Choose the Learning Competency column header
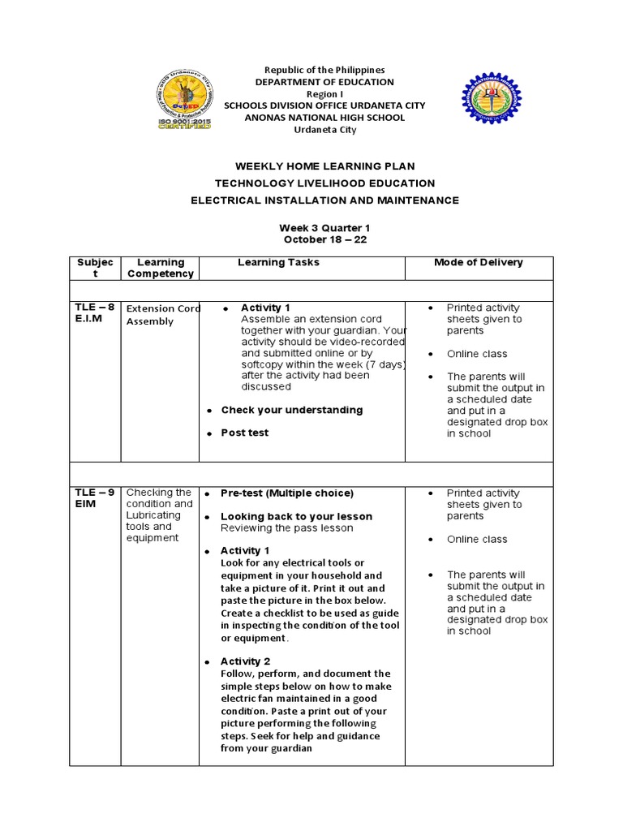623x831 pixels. [161, 268]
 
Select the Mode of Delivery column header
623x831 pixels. [479, 262]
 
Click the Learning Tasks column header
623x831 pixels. [278, 262]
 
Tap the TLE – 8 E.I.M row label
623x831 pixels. [94, 313]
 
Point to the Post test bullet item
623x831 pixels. [244, 433]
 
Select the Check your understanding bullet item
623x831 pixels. [291, 410]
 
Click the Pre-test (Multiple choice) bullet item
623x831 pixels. [287, 493]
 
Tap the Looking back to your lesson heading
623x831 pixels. [296, 516]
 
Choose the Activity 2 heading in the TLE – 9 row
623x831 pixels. [246, 661]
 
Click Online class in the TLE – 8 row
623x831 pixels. [476, 354]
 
